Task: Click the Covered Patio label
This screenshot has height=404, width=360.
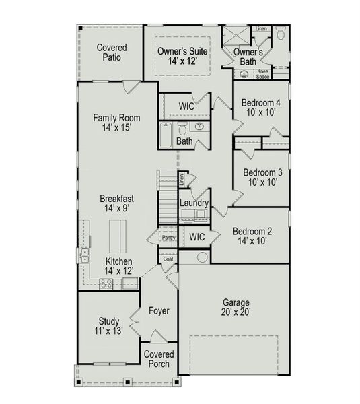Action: point(111,53)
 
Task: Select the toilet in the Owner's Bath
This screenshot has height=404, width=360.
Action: point(281,32)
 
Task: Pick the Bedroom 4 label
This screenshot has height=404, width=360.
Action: point(261,108)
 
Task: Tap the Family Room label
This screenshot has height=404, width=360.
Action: point(116,123)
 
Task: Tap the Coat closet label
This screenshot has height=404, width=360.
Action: point(168,259)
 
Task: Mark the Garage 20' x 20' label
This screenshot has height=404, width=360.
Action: point(236,308)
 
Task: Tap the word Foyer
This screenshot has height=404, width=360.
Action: point(159,311)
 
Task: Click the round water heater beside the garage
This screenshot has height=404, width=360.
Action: point(202,257)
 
